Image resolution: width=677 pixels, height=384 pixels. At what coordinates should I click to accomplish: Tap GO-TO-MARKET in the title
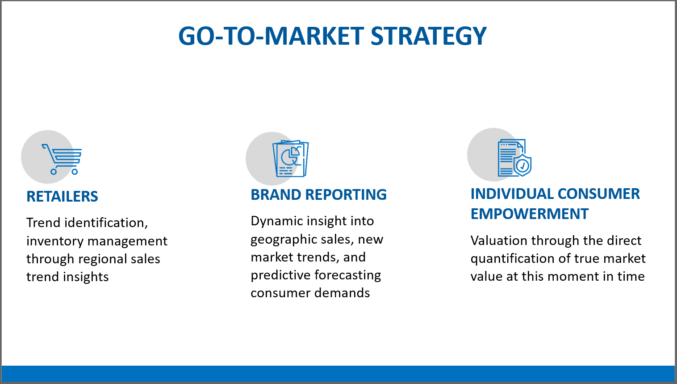coord(271,36)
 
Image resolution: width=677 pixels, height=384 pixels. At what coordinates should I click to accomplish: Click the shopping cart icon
coord(62,159)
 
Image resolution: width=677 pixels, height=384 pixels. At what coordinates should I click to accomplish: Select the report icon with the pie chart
coord(291,159)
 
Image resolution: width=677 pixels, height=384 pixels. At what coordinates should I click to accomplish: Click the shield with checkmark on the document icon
coord(522,165)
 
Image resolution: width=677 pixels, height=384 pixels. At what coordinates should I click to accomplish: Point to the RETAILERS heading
coord(62,197)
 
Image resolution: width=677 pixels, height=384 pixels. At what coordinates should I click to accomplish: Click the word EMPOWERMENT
coord(529,214)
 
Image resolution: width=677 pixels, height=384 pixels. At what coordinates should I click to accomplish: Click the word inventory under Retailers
coord(55,241)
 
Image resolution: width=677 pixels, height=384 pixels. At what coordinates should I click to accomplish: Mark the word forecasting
coord(348,275)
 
